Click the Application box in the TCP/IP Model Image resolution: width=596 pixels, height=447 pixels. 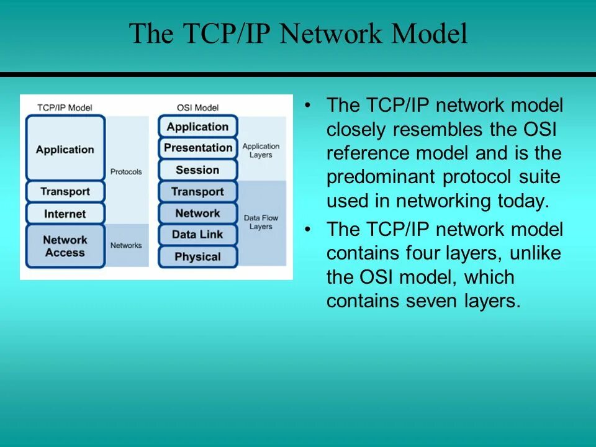click(65, 149)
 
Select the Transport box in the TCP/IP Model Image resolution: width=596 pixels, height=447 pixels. click(65, 191)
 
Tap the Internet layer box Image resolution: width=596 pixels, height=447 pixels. click(65, 214)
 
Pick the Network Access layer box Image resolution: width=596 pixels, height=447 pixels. click(65, 246)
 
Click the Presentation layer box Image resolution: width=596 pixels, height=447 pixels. click(198, 148)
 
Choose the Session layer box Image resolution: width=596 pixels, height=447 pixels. click(198, 169)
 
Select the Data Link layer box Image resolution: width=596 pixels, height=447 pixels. click(198, 235)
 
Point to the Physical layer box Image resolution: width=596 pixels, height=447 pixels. click(198, 256)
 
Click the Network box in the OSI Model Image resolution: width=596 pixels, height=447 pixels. click(198, 213)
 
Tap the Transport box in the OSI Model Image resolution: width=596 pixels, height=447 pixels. click(198, 192)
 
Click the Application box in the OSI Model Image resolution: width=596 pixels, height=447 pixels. click(198, 127)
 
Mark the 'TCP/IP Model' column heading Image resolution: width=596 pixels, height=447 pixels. click(65, 107)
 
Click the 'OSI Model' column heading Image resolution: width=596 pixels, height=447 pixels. click(197, 107)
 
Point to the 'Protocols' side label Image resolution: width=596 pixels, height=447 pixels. click(126, 171)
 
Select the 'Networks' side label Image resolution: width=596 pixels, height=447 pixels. click(126, 245)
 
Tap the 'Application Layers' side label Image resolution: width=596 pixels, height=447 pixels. click(261, 151)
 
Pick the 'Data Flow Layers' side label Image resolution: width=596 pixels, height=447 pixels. click(261, 222)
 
